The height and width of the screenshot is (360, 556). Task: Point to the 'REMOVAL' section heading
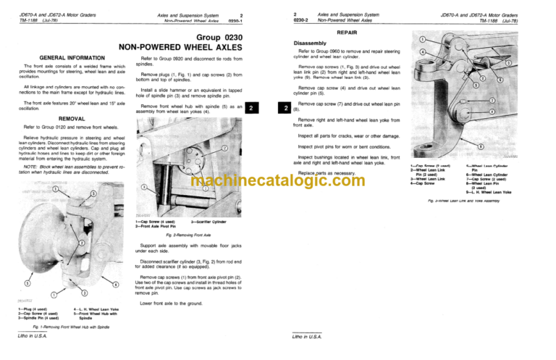tap(62, 117)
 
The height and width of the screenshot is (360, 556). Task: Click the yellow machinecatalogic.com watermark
tap(278, 180)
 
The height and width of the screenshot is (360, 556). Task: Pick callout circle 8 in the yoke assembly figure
tap(492, 111)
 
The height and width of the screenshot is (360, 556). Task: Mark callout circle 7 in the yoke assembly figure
tap(492, 100)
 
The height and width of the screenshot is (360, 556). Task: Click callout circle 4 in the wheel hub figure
tap(97, 284)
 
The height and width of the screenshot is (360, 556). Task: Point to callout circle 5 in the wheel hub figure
tap(28, 284)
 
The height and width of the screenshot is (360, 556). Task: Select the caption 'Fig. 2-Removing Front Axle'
tap(174, 235)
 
